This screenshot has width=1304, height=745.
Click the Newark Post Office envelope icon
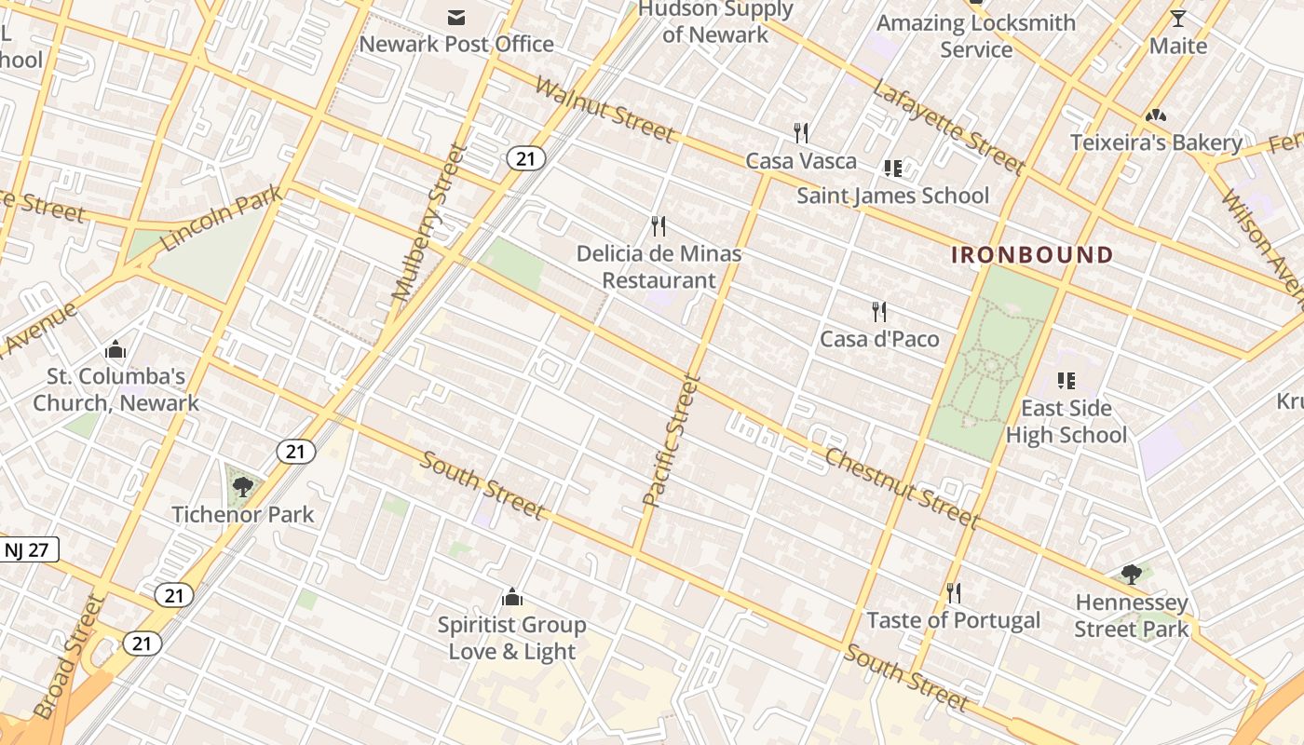456,17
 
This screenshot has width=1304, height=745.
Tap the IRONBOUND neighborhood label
1032,255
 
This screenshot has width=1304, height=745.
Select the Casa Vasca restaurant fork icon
800,133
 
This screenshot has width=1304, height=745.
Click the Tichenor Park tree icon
243,486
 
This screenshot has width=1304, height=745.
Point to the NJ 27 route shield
27,549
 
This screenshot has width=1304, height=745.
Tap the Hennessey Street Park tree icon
1132,574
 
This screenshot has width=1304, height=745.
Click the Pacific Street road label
671,440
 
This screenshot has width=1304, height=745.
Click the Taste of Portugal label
953,620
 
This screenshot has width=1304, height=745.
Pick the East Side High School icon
1066,381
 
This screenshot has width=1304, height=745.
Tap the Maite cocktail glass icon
1178,19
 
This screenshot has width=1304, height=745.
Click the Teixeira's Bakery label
1156,143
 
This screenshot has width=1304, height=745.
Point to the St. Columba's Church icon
115,350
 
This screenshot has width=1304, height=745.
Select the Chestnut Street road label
901,488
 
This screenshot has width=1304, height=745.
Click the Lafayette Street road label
949,127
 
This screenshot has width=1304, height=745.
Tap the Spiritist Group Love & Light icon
511,597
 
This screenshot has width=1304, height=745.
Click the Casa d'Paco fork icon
878,311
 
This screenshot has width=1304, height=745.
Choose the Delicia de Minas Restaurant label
659,266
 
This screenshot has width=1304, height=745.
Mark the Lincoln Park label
221,218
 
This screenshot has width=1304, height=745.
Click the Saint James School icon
892,169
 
